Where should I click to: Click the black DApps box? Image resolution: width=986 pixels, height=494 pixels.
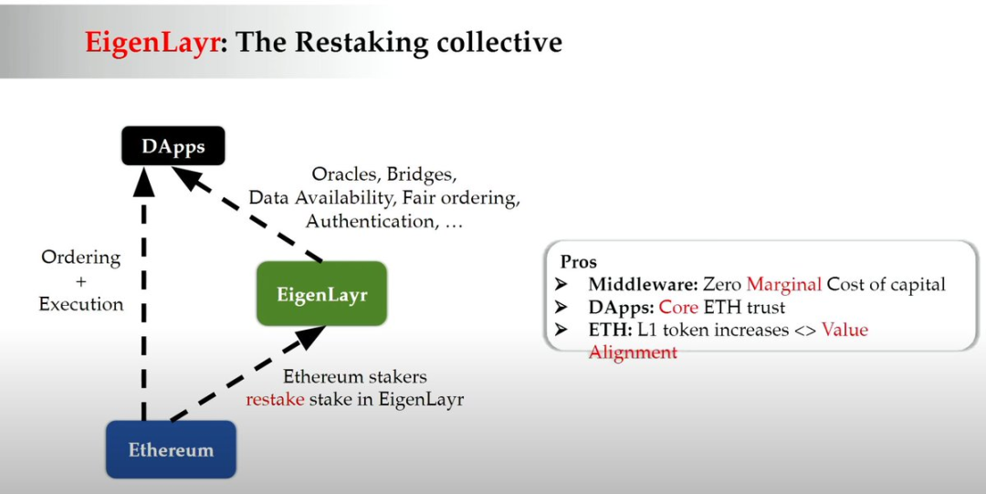coord(173,145)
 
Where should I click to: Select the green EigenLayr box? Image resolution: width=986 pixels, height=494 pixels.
coord(321,294)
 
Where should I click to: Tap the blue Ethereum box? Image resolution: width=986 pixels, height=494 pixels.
coord(171,449)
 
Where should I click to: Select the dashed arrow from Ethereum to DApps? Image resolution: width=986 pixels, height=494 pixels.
coord(142,301)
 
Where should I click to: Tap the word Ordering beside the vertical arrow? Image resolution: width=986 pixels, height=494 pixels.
coord(81,258)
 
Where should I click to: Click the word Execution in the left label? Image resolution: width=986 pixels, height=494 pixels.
coord(81,304)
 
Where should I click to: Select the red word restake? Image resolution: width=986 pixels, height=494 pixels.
coord(275,399)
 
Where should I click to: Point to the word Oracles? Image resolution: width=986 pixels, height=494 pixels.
coord(345,173)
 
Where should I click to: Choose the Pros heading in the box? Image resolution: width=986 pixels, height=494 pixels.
coord(579,262)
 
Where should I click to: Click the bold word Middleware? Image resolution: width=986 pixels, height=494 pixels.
coord(643,285)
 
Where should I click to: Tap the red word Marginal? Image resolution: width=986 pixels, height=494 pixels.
coord(784,285)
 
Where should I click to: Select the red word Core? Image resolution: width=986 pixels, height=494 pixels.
coord(678,308)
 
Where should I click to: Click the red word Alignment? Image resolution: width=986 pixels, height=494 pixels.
coord(633,352)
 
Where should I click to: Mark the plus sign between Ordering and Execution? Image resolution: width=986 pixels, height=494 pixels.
coord(80,281)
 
